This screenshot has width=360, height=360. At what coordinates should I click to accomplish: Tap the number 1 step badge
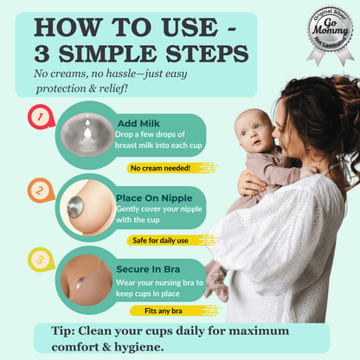[x=37, y=116]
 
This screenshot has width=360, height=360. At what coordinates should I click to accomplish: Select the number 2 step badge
[x=37, y=190]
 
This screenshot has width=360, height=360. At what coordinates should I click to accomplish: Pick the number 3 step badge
[x=37, y=259]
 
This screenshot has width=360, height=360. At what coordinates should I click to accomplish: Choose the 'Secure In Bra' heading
[x=150, y=268]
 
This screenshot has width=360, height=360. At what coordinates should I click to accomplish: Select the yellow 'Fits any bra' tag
[x=157, y=310]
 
